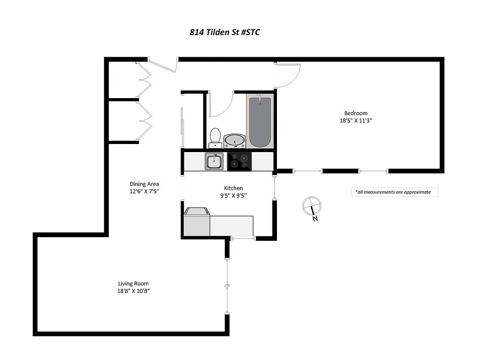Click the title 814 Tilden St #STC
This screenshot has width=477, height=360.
coord(224,32)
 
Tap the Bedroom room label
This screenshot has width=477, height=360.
coord(356,113)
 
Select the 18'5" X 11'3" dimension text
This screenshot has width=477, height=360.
coord(356,120)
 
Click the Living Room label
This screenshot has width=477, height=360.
coord(133,283)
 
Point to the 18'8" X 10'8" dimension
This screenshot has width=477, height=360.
coord(133,291)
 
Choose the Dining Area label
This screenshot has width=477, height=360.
coord(144,184)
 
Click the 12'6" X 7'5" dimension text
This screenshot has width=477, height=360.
coord(144,191)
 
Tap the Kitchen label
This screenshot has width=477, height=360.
coord(233,188)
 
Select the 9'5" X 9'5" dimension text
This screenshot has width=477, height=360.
coord(233,195)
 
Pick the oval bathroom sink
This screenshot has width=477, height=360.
coord(235,141)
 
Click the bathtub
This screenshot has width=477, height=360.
coord(260,121)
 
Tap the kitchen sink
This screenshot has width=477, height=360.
coord(214,161)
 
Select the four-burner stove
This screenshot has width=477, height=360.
coord(239,161)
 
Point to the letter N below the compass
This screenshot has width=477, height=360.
coord(316,219)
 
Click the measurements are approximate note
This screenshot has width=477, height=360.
coord(394,192)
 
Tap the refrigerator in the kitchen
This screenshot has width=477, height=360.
coord(196,222)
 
